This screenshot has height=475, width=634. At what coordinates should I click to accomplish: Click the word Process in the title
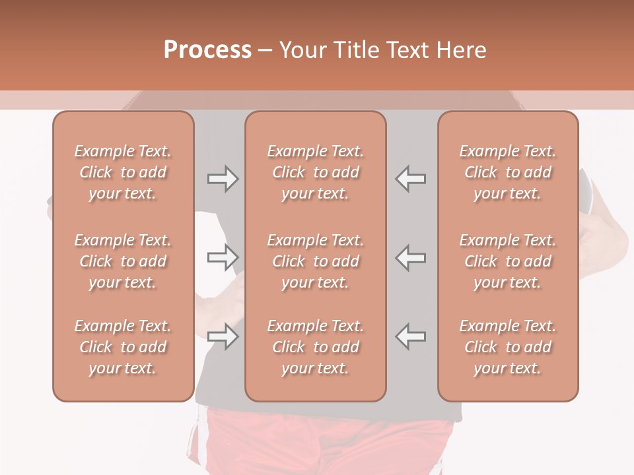tap(207, 50)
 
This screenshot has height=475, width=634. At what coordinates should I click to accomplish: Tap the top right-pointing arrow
tap(223, 179)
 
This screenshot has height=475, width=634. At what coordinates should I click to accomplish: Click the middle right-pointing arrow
tap(223, 257)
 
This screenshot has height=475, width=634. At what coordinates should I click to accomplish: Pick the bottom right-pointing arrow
tap(223, 336)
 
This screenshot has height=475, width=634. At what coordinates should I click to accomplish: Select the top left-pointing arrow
tap(410, 179)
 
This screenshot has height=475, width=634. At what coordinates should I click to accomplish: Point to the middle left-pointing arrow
tap(410, 257)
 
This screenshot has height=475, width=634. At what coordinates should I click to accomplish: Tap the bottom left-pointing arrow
tap(410, 336)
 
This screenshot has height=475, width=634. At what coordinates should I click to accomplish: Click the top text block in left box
tap(123, 172)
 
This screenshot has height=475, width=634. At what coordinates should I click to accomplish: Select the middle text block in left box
tap(123, 261)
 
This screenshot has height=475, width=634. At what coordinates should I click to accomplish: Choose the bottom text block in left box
tap(123, 347)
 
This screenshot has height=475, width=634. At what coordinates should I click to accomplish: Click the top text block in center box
tap(316, 172)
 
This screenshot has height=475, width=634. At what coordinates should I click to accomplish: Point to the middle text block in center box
tap(316, 261)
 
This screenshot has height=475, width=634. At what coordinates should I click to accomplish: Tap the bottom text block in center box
tap(316, 347)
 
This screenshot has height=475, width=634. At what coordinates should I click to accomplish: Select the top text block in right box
tap(508, 172)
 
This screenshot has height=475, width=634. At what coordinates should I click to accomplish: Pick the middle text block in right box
tap(508, 261)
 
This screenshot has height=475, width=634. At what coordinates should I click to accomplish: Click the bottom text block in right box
tap(508, 347)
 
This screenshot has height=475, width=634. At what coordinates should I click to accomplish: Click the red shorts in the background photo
tap(330, 442)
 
